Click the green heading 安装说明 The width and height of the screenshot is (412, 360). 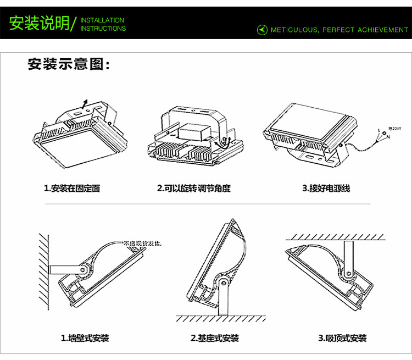[38, 24]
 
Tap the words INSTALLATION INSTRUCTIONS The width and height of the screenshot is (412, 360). [103, 24]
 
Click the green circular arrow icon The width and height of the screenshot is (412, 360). [262, 30]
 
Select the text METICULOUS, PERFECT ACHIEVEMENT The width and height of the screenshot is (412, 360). [339, 30]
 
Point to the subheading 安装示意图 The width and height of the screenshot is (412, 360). [69, 64]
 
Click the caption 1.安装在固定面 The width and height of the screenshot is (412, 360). [72, 189]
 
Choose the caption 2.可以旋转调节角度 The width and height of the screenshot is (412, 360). [193, 189]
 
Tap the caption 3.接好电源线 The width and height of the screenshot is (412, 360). [326, 189]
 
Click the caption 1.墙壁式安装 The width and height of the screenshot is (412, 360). [85, 338]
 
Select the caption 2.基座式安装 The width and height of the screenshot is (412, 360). [214, 338]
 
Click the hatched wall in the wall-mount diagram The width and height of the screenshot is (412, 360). [43, 269]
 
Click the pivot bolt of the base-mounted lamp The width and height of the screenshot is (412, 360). [222, 282]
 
